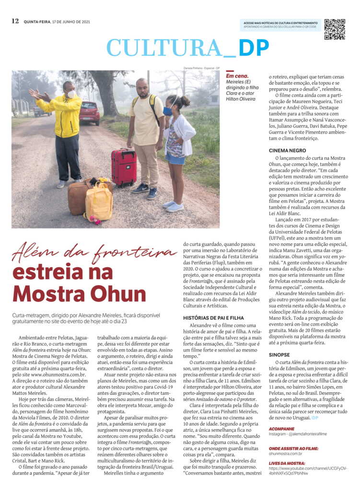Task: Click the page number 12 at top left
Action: tap(15, 21)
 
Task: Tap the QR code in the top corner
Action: tap(335, 29)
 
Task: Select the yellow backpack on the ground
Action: tap(99, 201)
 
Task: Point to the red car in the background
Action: tap(89, 113)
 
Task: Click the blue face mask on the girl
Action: tap(168, 111)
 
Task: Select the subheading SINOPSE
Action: tap(279, 354)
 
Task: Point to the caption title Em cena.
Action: tap(237, 76)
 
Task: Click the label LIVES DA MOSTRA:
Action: tap(288, 463)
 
